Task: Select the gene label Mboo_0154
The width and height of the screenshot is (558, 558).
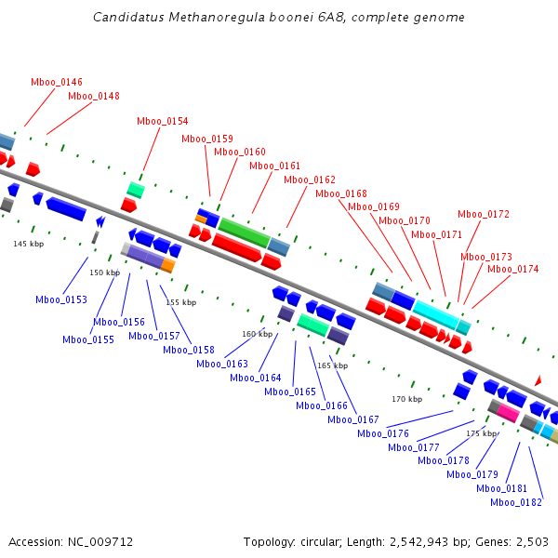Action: (x=162, y=121)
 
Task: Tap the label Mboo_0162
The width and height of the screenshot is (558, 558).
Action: (x=310, y=179)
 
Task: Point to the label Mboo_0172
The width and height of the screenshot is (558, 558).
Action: (x=484, y=214)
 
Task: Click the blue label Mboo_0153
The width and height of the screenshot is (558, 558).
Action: (x=61, y=299)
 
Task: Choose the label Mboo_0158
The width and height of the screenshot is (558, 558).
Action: (x=189, y=350)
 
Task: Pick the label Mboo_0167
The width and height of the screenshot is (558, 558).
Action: (x=353, y=419)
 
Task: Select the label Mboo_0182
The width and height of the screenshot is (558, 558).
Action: (x=516, y=502)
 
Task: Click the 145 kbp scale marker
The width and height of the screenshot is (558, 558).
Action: (x=28, y=244)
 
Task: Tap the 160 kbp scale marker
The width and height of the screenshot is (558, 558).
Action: (x=257, y=333)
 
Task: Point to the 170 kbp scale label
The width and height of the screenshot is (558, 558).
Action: (x=406, y=399)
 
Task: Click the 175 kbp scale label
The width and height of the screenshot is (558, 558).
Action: (x=481, y=433)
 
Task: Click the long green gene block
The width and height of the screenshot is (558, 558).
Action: (x=244, y=232)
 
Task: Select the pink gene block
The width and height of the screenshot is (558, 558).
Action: (x=509, y=412)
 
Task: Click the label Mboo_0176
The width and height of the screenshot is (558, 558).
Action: (x=383, y=433)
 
